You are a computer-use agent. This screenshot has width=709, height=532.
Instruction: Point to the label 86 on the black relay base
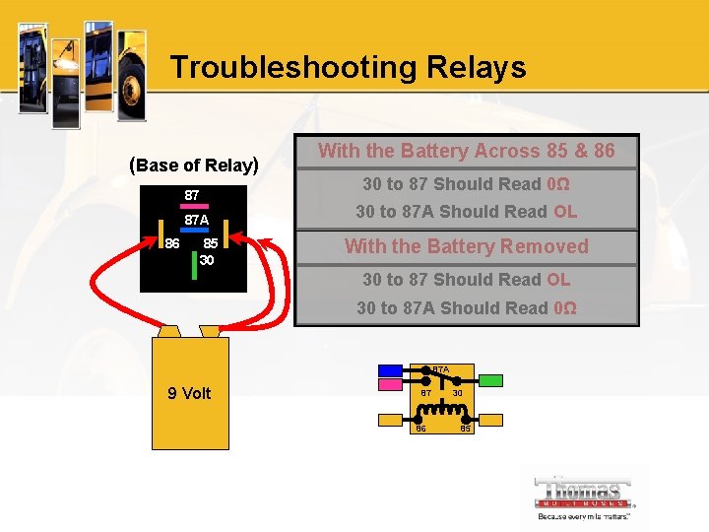click(x=172, y=243)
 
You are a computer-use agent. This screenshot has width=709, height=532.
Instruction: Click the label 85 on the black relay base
click(x=210, y=243)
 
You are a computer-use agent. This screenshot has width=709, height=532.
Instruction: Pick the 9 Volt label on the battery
click(x=189, y=393)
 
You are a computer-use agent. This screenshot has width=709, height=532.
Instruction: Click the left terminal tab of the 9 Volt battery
click(x=169, y=331)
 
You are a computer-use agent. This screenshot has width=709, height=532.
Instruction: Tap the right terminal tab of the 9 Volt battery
click(x=210, y=331)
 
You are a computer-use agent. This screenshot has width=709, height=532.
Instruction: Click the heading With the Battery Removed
click(x=466, y=246)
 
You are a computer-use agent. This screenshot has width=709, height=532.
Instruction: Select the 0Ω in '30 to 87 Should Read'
click(x=557, y=184)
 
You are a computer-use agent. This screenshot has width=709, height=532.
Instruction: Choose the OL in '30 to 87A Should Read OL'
click(x=565, y=212)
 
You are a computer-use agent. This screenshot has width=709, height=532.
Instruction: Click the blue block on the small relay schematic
click(x=391, y=371)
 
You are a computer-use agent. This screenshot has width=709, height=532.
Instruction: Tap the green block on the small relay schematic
click(x=490, y=380)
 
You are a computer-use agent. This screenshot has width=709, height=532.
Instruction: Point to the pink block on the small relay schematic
click(x=391, y=385)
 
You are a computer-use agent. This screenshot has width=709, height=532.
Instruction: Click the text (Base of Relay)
click(x=194, y=165)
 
